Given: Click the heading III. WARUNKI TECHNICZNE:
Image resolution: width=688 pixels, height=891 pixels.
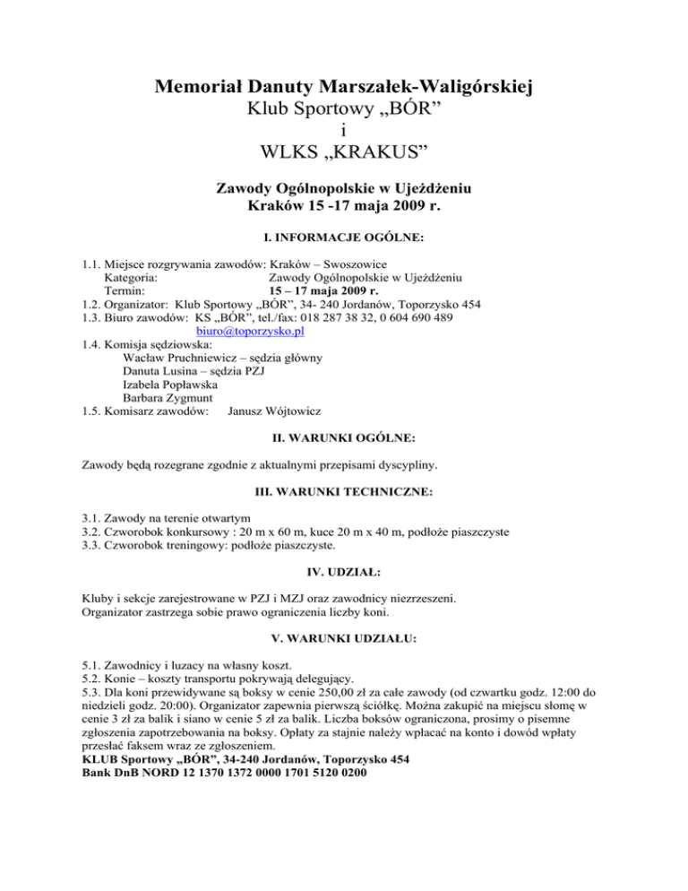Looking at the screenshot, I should (344, 492).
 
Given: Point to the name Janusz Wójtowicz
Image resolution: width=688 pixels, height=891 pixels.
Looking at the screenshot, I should (274, 411).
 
